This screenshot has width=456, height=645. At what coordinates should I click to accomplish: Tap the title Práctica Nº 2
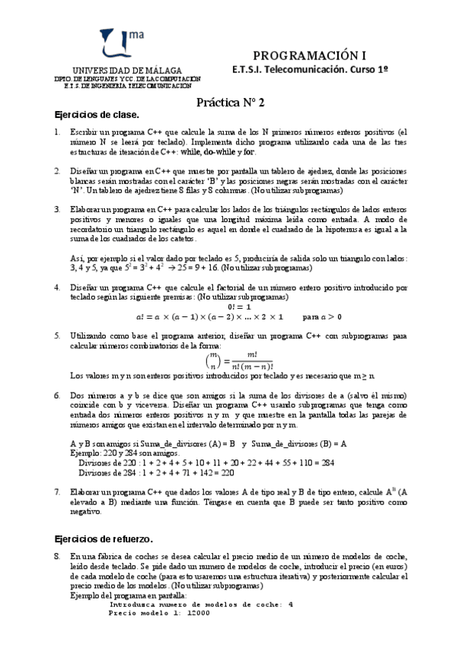coord(228,100)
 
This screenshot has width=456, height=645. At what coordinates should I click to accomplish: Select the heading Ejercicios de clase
coord(97,114)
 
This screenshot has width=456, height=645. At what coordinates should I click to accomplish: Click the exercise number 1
coord(57,132)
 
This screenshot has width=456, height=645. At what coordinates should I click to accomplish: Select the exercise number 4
coord(57,288)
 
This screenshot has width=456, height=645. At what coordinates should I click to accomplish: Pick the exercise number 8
coord(57,556)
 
